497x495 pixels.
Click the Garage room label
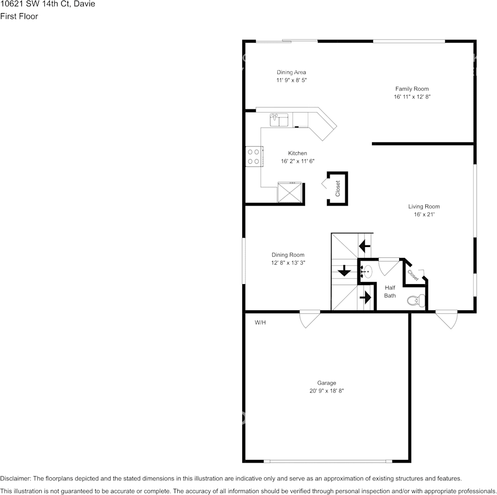click(326, 383)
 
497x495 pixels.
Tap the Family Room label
click(412, 89)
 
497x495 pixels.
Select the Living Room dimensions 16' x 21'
click(424, 215)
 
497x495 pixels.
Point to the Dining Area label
click(291, 72)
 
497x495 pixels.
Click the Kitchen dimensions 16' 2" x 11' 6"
click(297, 161)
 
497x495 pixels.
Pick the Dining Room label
click(288, 255)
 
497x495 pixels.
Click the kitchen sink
click(279, 120)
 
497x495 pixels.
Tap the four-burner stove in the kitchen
click(254, 156)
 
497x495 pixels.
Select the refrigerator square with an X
click(289, 192)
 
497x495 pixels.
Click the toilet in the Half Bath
click(416, 300)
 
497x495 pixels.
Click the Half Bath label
click(390, 291)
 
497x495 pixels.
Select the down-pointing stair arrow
click(344, 271)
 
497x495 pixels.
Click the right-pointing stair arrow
click(366, 297)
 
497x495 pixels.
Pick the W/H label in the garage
click(260, 322)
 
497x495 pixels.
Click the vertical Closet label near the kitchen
click(337, 188)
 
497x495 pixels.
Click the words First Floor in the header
click(19, 16)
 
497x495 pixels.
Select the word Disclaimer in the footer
click(15, 478)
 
